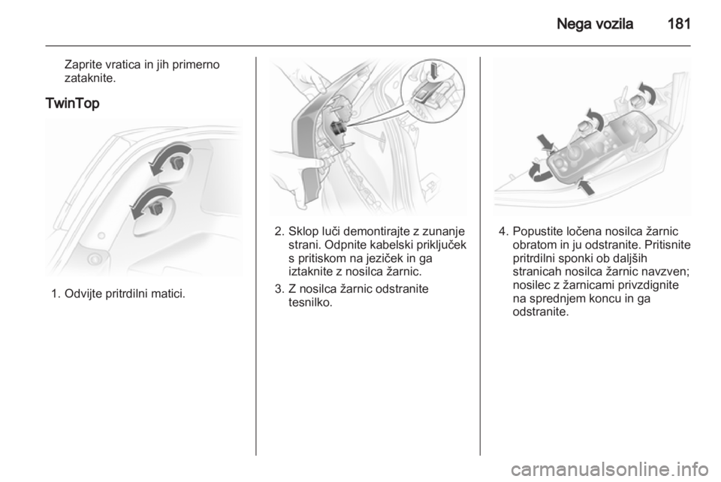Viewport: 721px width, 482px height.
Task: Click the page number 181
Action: click(x=679, y=23)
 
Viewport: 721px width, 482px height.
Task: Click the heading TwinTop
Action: click(x=72, y=104)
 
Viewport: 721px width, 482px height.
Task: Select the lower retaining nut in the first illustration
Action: click(x=157, y=209)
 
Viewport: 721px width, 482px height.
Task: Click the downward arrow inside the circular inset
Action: click(x=433, y=71)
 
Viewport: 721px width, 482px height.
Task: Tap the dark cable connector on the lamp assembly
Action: click(x=339, y=128)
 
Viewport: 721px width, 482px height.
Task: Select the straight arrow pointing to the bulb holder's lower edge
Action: click(x=586, y=186)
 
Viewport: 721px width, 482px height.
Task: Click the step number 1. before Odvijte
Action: click(x=56, y=293)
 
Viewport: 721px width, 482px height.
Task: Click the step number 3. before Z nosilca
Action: click(x=280, y=289)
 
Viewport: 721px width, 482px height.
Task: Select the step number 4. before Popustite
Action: click(x=504, y=231)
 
